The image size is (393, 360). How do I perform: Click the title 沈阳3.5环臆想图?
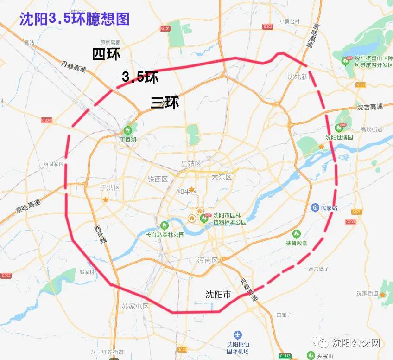tap(74, 19)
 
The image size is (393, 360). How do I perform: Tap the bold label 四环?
tap(106, 54)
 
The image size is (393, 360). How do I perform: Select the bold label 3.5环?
tap(140, 77)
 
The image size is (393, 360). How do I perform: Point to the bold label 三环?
tap(165, 103)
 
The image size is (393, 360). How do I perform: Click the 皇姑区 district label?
tap(191, 163)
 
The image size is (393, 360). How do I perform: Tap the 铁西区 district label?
tap(158, 179)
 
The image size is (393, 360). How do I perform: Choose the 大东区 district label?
tap(221, 177)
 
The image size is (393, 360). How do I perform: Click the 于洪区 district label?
tap(110, 187)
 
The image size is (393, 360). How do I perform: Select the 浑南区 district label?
tap(208, 260)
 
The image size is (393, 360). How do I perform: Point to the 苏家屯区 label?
tap(135, 306)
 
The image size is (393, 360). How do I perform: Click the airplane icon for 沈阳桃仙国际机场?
tap(238, 334)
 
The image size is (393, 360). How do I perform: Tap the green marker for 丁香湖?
tap(128, 130)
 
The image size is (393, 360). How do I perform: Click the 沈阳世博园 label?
tap(339, 137)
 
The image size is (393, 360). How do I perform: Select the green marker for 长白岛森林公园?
tap(164, 225)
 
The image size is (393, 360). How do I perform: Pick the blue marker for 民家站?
tap(315, 207)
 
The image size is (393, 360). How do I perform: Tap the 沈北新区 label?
tap(301, 77)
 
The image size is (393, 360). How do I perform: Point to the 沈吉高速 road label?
tap(370, 107)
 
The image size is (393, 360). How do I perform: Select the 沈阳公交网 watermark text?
tap(356, 343)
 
